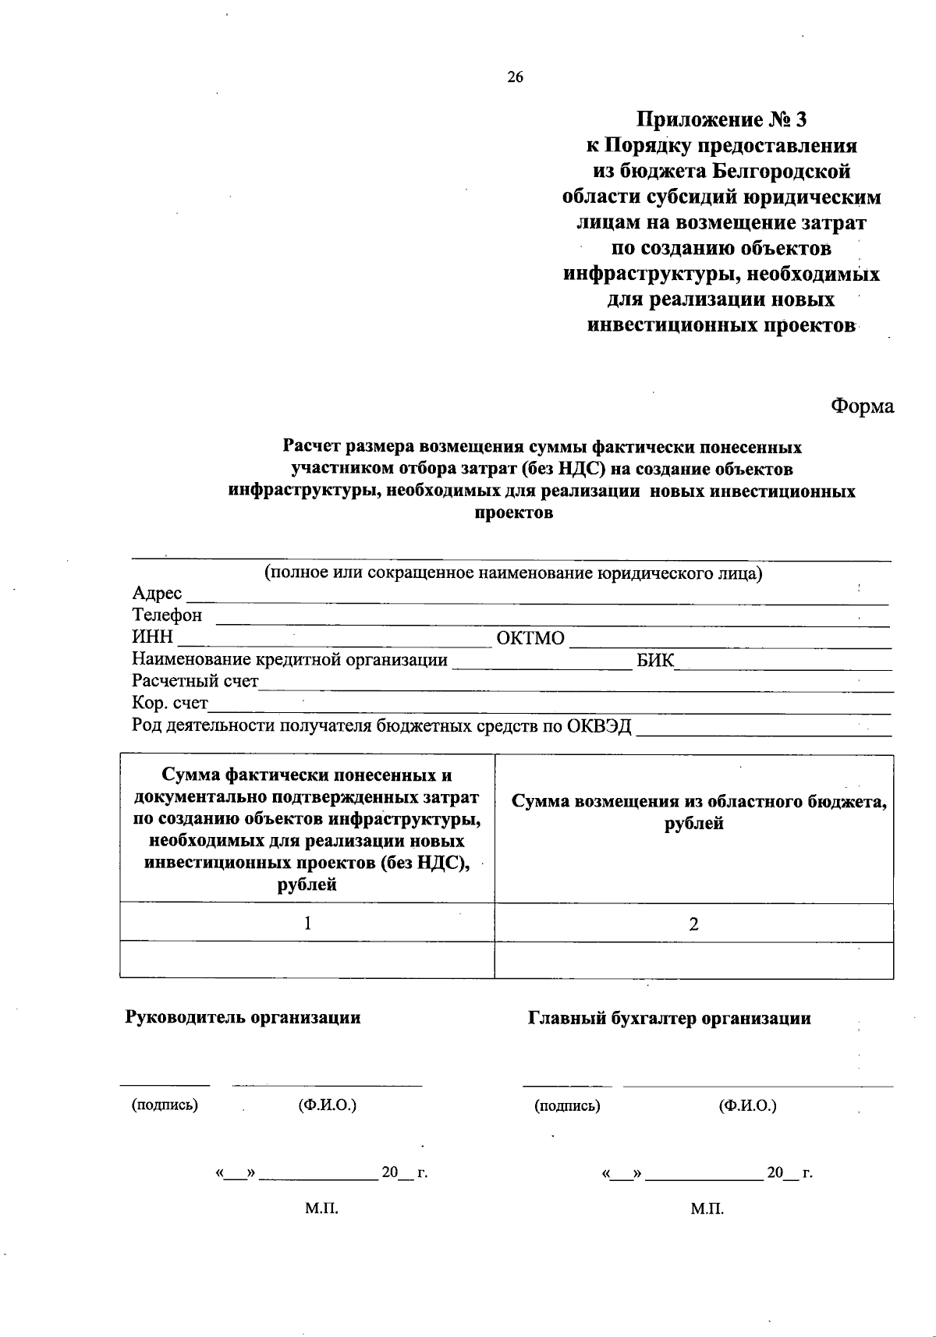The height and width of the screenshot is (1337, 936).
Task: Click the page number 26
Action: coord(515,76)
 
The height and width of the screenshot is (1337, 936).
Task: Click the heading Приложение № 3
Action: coord(721,120)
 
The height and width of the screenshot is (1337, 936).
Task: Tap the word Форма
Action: coord(862,406)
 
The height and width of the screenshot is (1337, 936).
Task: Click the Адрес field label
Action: coord(157,594)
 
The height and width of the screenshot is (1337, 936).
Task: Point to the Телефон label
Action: coord(167,615)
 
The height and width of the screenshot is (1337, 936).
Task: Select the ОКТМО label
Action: coord(530,638)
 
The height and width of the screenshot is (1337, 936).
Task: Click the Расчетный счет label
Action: coord(195,681)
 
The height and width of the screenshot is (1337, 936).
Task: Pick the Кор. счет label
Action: coord(170,704)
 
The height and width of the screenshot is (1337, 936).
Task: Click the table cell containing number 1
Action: coord(307,924)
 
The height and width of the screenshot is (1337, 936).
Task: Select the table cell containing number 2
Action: coord(693,924)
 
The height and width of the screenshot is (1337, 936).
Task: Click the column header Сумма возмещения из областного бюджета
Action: coord(698,812)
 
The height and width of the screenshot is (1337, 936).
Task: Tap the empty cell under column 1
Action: coord(307,960)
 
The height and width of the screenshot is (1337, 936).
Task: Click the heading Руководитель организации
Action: coord(243,1017)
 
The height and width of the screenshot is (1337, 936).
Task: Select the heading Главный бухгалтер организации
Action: coord(669,1018)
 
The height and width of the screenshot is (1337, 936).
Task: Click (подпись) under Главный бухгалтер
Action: coord(567,1105)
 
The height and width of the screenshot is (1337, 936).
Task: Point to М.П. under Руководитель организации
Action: coord(321,1209)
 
